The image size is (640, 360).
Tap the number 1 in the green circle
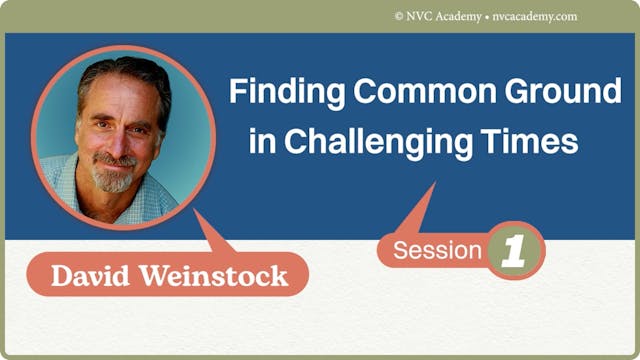516,251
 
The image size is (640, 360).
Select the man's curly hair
125,80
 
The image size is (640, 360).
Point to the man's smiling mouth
113,162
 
